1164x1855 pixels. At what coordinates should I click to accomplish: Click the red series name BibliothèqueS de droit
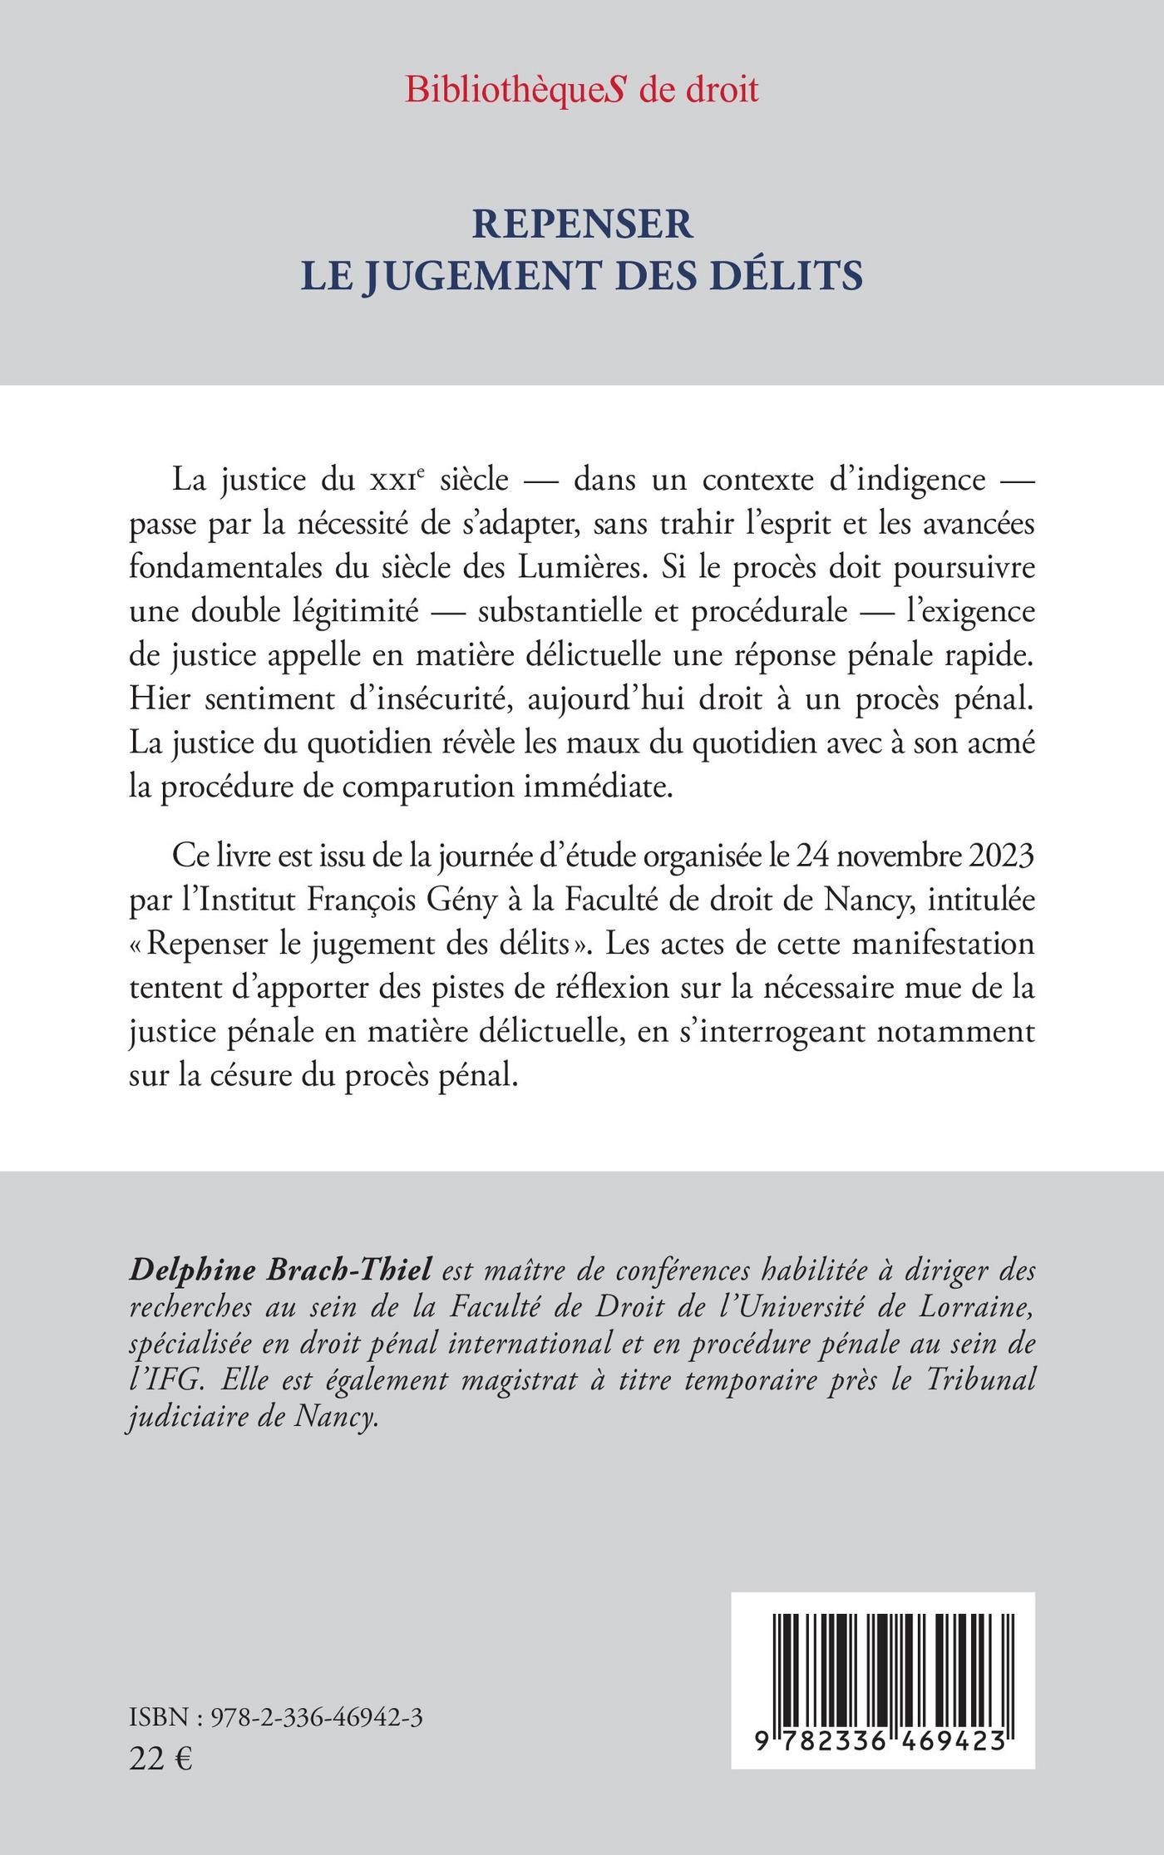(582, 89)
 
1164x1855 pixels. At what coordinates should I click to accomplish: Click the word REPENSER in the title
(582, 224)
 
